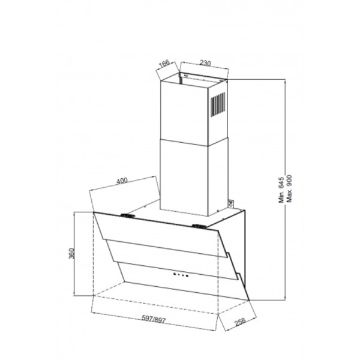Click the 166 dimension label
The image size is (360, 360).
point(164,64)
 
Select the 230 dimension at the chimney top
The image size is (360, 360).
point(205,62)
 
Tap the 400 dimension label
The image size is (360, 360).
point(122,181)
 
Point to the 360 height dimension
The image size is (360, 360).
point(71,253)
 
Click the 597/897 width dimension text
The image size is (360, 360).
point(154,319)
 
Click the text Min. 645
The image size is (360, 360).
point(281,190)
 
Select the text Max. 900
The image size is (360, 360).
point(289,189)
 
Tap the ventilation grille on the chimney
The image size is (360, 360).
point(218,104)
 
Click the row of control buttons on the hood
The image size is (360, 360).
point(181,275)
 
